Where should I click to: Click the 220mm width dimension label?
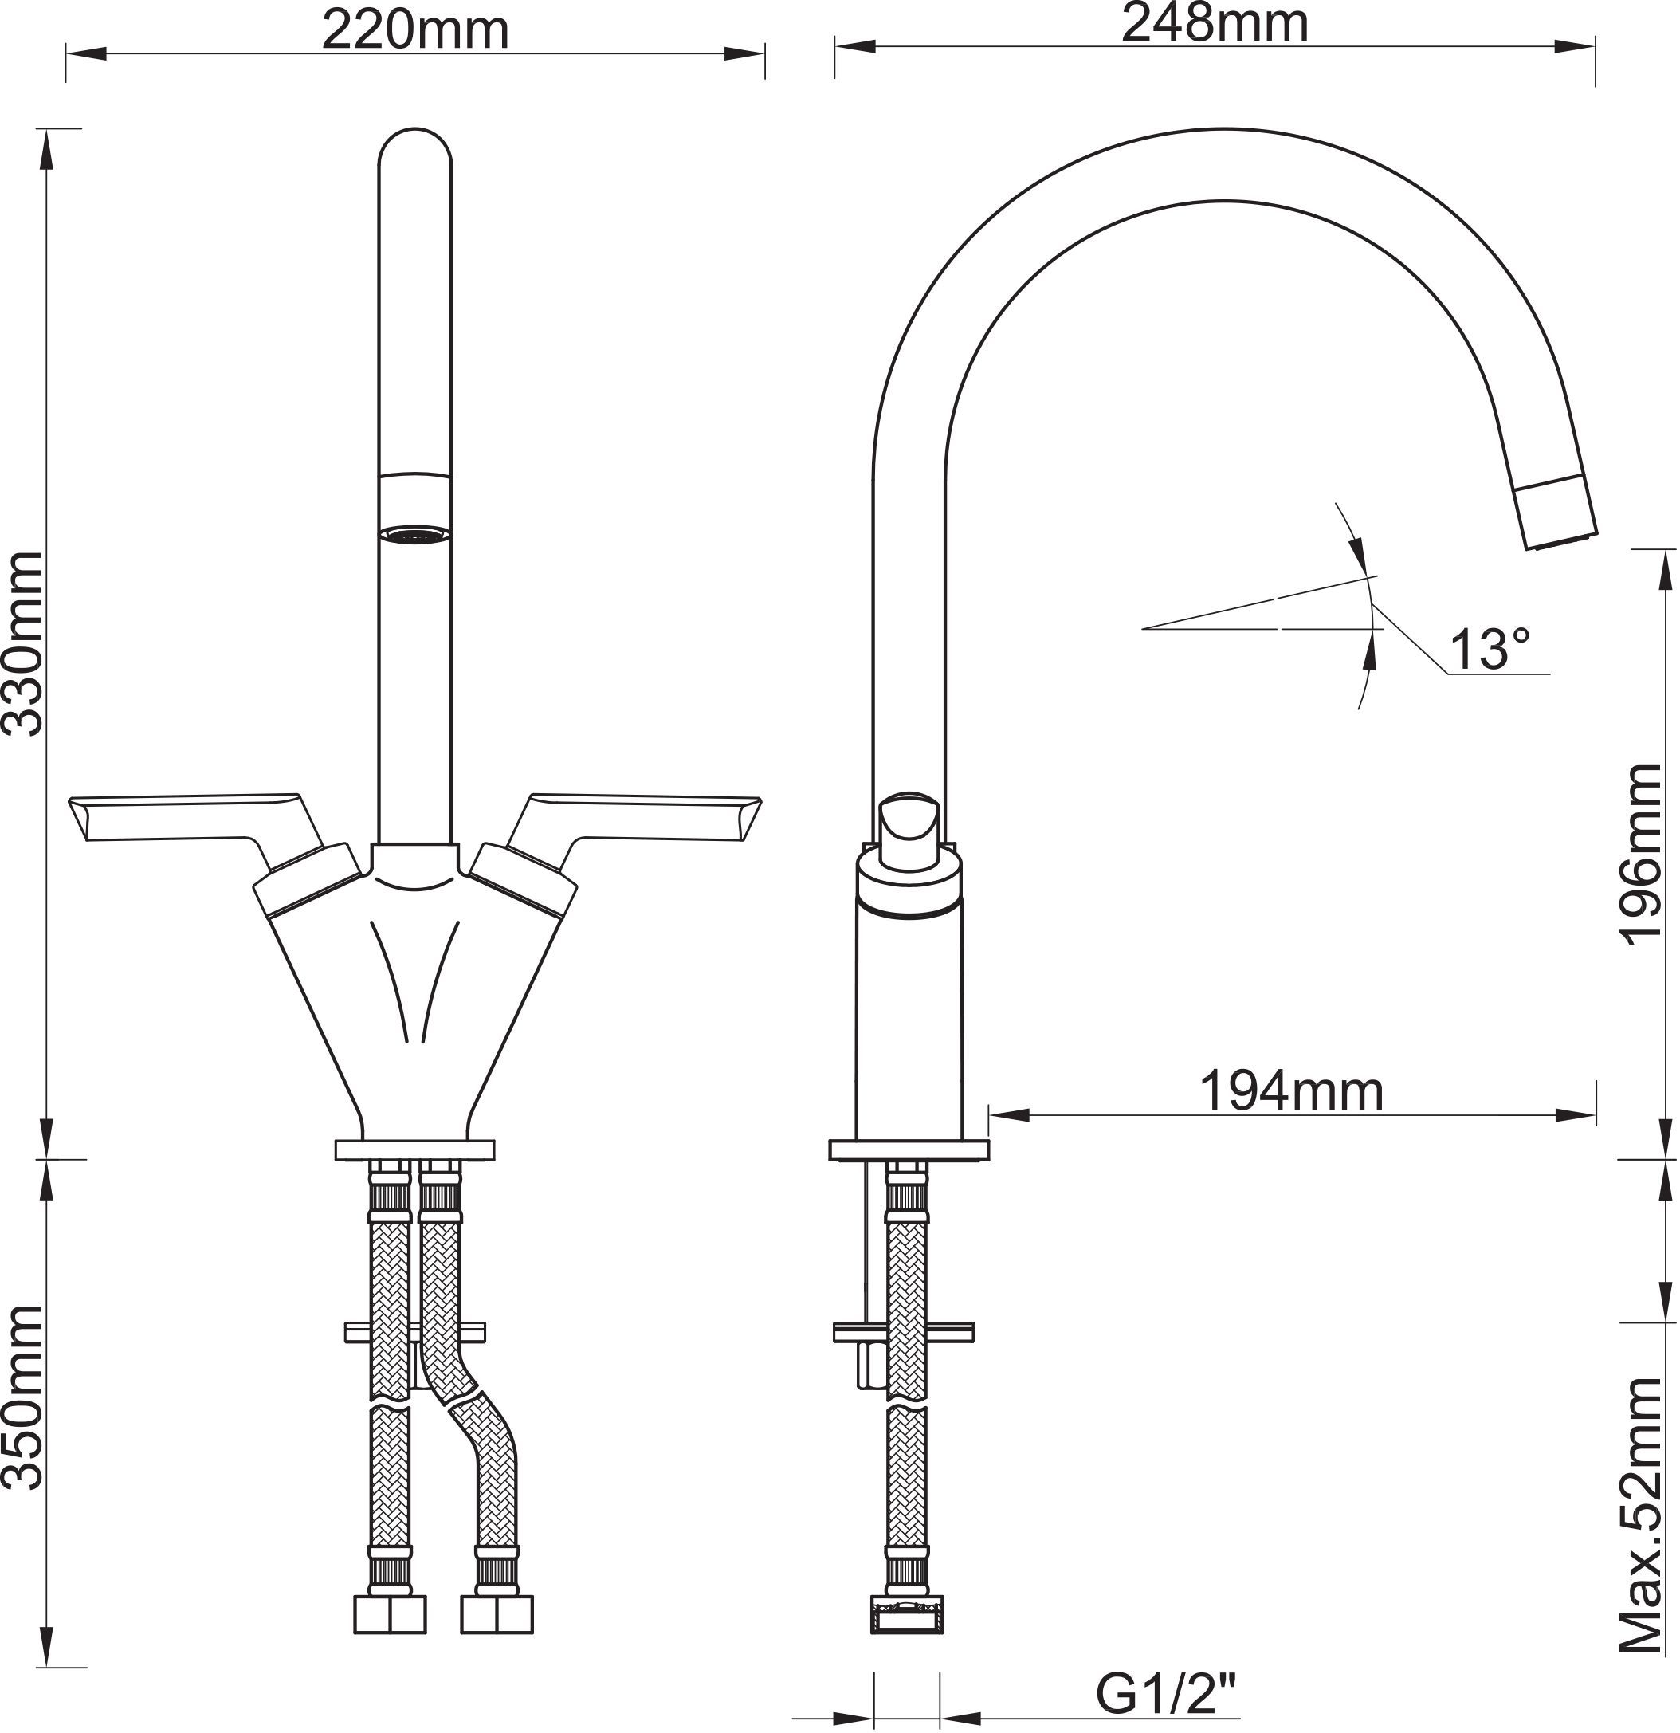pyautogui.click(x=414, y=30)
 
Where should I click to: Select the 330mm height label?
pyautogui.click(x=23, y=643)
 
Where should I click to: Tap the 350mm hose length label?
pyautogui.click(x=23, y=1398)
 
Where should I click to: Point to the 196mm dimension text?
pyautogui.click(x=1643, y=855)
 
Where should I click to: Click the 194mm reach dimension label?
pyautogui.click(x=1291, y=1092)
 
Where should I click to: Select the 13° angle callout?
pyautogui.click(x=1489, y=650)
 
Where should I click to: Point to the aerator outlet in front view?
pyautogui.click(x=414, y=534)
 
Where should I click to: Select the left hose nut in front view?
pyautogui.click(x=389, y=1613)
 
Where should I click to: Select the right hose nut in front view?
pyautogui.click(x=497, y=1613)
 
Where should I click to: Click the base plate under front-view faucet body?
pyautogui.click(x=414, y=1149)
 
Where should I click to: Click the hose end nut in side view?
pyautogui.click(x=908, y=1613)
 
